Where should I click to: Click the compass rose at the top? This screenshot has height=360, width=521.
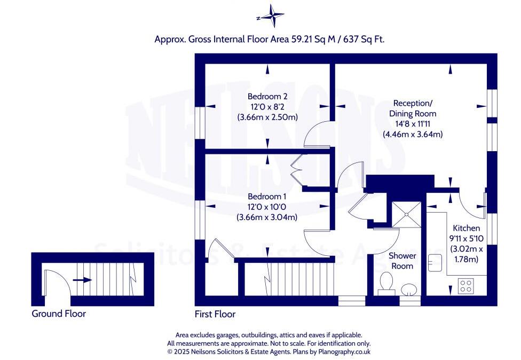click(273, 16)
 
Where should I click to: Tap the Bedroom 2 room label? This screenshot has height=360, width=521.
click(267, 97)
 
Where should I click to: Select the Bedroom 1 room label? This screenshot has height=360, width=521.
click(267, 197)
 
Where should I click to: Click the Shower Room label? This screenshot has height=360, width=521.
click(403, 261)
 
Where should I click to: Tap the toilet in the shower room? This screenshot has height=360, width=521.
click(384, 283)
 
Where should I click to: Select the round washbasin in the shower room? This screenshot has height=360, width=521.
click(409, 289)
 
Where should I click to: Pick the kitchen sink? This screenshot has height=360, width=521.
click(435, 262)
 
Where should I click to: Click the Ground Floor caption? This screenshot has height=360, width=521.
click(59, 314)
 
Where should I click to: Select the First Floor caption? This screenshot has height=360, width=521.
click(216, 314)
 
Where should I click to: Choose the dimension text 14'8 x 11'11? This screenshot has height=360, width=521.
click(413, 124)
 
